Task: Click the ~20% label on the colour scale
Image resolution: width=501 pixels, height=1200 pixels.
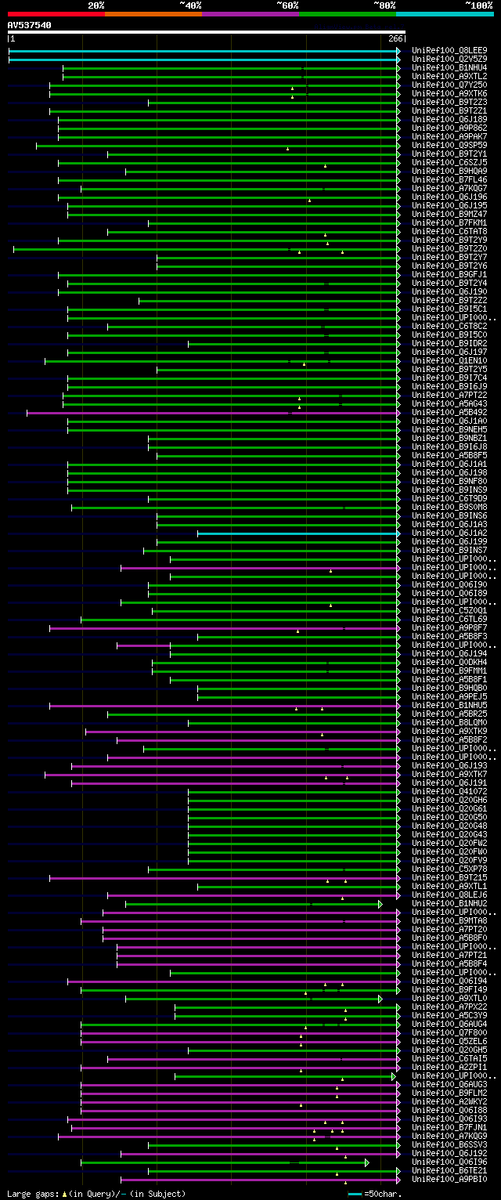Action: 96,5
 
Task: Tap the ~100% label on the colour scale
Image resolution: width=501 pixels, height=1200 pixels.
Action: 478,5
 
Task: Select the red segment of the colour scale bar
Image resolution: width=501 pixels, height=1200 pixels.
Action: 56,13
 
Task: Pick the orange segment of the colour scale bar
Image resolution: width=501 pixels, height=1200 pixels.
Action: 153,13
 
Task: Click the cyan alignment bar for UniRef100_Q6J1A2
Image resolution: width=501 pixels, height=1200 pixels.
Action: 297,533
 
